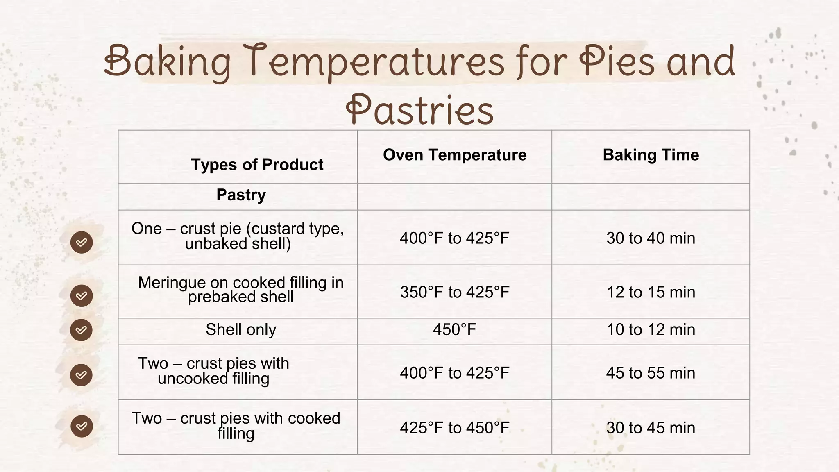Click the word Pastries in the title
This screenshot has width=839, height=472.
point(419,110)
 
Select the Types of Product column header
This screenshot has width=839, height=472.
point(257,165)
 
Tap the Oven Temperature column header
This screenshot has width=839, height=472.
point(455,155)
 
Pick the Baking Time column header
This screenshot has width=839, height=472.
point(651,155)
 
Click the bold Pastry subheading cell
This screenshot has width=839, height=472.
point(241,195)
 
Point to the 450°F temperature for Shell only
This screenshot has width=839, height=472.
point(455,329)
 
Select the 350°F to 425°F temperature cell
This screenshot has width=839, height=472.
point(455,292)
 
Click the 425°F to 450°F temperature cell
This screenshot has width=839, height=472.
point(455,428)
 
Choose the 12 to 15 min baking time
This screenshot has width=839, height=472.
point(651,292)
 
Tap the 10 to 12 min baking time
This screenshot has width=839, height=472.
point(651,329)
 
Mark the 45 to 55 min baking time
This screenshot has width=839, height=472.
point(651,373)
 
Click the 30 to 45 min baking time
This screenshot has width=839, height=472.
point(651,428)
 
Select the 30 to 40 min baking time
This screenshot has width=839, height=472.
point(651,238)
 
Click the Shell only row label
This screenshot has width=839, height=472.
point(241,329)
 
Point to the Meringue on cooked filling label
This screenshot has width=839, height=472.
point(241,290)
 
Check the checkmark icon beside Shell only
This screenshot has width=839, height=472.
point(81,330)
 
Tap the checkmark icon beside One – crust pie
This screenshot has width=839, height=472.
point(81,242)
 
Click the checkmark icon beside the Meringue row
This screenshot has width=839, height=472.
point(81,295)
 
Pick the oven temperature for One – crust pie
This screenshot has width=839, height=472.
point(455,238)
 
